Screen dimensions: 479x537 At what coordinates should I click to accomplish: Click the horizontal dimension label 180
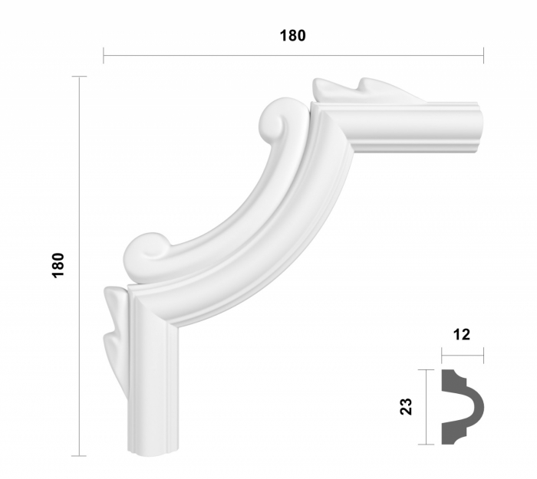(292, 35)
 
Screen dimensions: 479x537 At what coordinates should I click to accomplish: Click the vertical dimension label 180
(59, 265)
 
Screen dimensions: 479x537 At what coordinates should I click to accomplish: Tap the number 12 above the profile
(462, 334)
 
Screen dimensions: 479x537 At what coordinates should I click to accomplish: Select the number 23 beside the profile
(407, 405)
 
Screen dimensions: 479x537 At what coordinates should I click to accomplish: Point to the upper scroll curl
(274, 120)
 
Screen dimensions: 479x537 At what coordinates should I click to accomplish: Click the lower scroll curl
(147, 251)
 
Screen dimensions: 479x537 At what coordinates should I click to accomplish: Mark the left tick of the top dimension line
(104, 55)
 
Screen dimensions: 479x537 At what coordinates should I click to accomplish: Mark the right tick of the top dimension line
(483, 55)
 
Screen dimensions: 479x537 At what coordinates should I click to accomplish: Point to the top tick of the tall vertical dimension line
(80, 77)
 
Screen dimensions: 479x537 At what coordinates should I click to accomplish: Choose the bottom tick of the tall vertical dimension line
(80, 456)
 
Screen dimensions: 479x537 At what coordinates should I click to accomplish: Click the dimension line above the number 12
(462, 355)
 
